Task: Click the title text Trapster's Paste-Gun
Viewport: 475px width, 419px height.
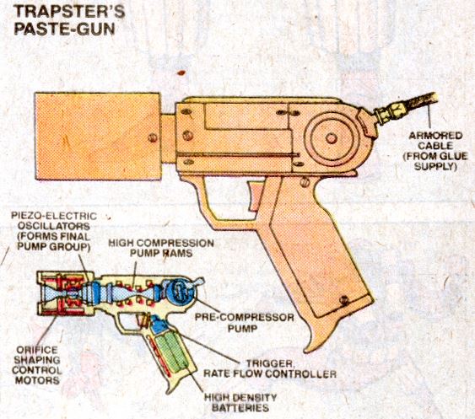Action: pyautogui.click(x=69, y=20)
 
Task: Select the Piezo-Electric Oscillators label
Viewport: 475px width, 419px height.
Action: pyautogui.click(x=54, y=231)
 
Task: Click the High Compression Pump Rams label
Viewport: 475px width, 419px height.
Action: pyautogui.click(x=161, y=248)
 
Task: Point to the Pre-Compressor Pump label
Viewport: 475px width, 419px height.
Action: pyautogui.click(x=244, y=322)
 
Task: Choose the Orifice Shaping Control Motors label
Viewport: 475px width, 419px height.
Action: pyautogui.click(x=37, y=365)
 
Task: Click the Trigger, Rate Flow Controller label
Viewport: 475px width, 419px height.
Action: pyautogui.click(x=270, y=368)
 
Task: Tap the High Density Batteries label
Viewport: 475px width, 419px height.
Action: pyautogui.click(x=240, y=402)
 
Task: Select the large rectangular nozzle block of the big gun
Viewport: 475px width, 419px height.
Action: pyautogui.click(x=98, y=137)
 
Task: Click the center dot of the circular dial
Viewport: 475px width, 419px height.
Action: pyautogui.click(x=332, y=138)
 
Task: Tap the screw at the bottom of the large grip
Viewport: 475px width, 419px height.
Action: pyautogui.click(x=344, y=300)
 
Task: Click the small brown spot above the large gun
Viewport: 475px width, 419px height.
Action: pyautogui.click(x=181, y=73)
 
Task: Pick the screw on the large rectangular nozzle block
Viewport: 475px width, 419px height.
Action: pyautogui.click(x=153, y=138)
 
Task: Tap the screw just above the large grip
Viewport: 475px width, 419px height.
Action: pyautogui.click(x=305, y=183)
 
